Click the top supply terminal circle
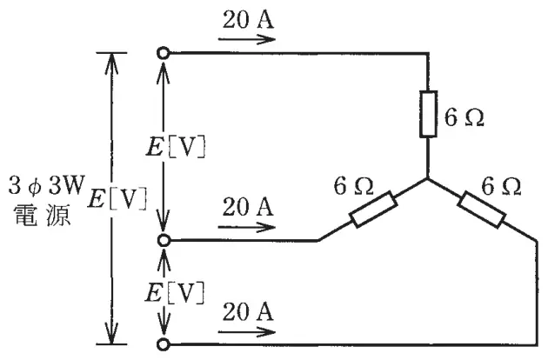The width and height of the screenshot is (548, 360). click(164, 53)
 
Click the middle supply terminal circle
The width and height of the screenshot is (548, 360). click(164, 241)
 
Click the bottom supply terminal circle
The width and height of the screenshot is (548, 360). click(164, 344)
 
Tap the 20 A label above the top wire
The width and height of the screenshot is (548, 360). click(248, 19)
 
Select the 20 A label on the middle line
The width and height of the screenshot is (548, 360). click(248, 207)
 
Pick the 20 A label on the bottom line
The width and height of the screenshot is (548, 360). click(248, 312)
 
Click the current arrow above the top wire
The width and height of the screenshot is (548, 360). click(247, 39)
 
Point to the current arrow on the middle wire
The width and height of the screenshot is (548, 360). click(247, 227)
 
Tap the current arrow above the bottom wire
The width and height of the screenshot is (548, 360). click(247, 332)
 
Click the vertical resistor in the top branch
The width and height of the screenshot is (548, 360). click(428, 114)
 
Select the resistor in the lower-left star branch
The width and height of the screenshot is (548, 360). click(374, 210)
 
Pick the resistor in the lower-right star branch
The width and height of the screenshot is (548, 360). click(481, 210)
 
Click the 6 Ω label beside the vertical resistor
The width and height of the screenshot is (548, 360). click(464, 117)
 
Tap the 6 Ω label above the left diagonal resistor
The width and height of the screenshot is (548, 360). click(353, 186)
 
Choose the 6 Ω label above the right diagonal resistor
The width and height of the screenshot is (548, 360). click(501, 186)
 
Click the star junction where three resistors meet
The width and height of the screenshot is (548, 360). click(428, 179)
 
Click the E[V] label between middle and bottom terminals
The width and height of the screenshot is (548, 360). click(175, 293)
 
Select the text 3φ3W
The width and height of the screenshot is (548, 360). click(46, 185)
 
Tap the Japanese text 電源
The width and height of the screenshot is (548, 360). click(43, 216)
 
